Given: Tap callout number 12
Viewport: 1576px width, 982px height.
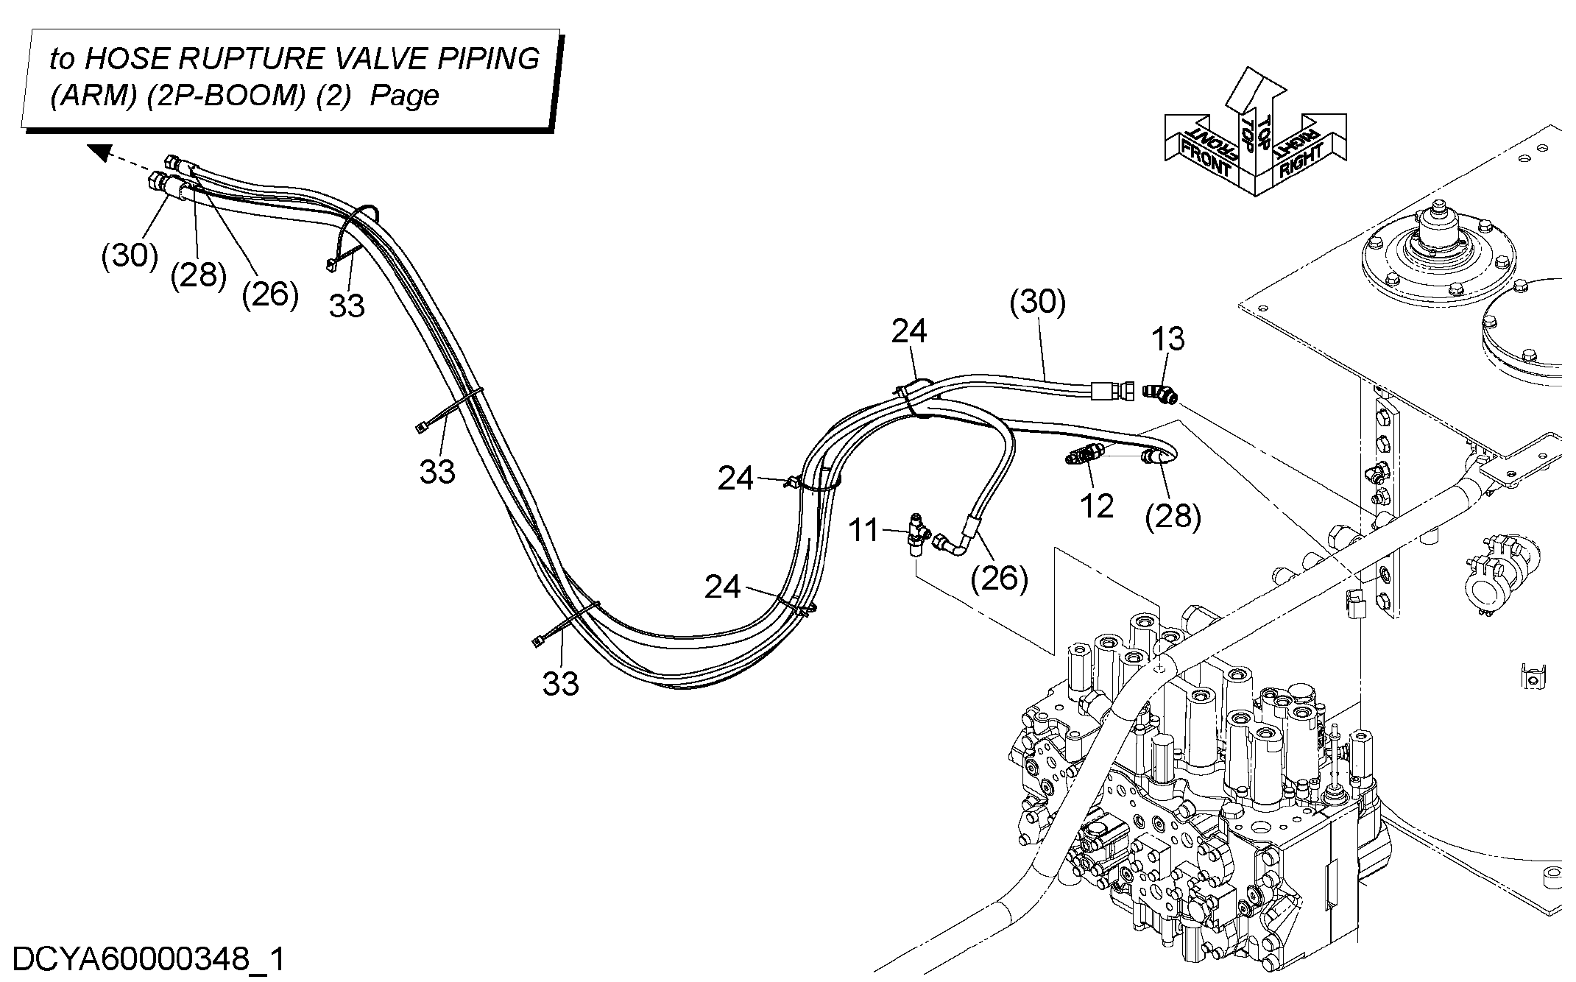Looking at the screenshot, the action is pos(1097,506).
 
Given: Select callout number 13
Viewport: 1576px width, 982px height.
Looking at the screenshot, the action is pos(1168,339).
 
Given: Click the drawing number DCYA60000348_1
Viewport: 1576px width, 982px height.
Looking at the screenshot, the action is pos(149,960).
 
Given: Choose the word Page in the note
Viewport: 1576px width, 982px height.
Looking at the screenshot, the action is pos(404,96).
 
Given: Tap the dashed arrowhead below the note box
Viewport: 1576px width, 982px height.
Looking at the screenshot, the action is pos(100,152).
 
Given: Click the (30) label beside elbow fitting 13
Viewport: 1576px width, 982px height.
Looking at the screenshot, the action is pos(1038,302).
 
